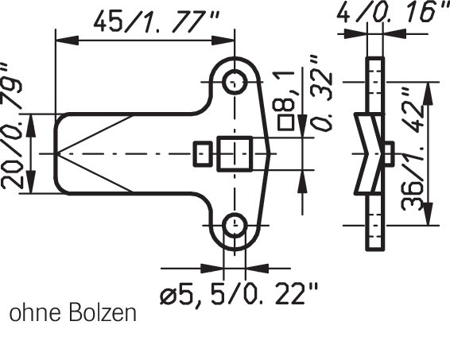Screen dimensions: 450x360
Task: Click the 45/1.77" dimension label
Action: click(x=157, y=21)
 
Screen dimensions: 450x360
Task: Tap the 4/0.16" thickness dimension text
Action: click(x=393, y=12)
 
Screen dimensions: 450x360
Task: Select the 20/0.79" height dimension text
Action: click(x=11, y=126)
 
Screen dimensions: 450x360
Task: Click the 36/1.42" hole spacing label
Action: click(x=413, y=149)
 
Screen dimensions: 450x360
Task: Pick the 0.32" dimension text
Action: click(x=322, y=94)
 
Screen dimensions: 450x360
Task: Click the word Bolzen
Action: click(x=103, y=313)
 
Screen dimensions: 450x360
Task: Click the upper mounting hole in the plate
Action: click(x=235, y=82)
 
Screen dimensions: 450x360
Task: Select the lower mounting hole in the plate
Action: click(x=235, y=225)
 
